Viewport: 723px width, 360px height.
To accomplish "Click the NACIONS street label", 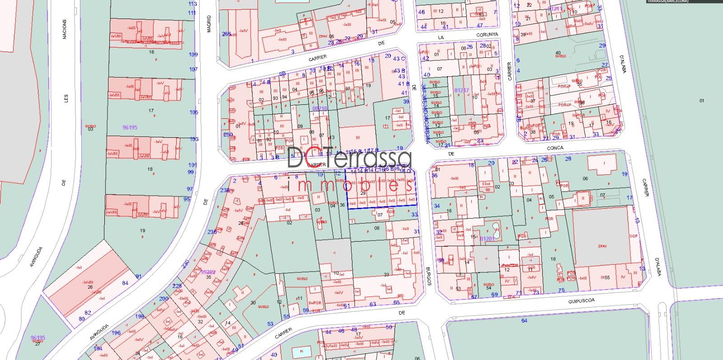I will coord(65,29).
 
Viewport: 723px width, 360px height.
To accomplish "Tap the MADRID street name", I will coord(208,24).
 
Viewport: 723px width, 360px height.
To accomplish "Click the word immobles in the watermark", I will coord(350,185).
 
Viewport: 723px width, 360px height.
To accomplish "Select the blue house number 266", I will coord(226,34).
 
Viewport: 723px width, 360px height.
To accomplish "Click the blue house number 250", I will coord(228,135).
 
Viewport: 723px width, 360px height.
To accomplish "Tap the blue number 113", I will coord(192,4).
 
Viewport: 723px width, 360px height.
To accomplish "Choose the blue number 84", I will coord(125,283).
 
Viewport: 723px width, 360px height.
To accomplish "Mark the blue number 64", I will coord(524,321).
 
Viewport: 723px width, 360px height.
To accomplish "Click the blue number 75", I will coord(562,290).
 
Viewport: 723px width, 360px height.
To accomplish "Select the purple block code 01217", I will coord(461,90).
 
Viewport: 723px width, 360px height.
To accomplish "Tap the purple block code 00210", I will coord(319,108).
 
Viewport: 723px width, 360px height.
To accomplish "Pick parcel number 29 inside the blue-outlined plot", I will coord(362,193).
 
